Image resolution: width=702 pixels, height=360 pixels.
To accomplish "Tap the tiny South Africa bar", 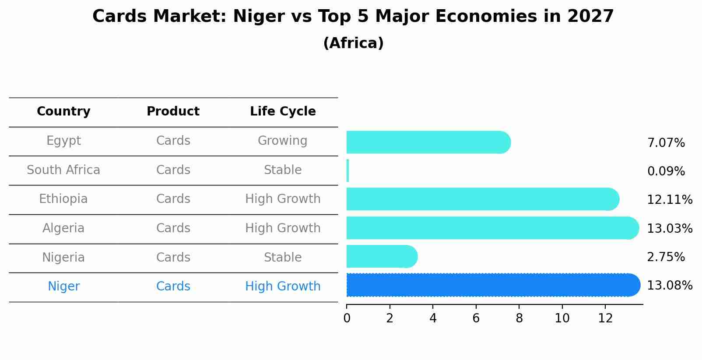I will pyautogui.click(x=348, y=171).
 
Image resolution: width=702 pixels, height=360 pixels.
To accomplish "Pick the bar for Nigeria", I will pyautogui.click(x=381, y=256).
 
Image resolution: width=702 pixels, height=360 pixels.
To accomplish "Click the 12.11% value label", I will pyautogui.click(x=669, y=200).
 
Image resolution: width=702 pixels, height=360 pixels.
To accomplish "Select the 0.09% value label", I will pyautogui.click(x=666, y=171).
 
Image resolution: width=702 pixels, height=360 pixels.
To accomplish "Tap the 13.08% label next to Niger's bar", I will pyautogui.click(x=669, y=286).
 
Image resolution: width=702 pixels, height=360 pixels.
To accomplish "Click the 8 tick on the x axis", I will pyautogui.click(x=519, y=318).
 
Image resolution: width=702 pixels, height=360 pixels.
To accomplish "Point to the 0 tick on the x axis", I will pyautogui.click(x=347, y=318).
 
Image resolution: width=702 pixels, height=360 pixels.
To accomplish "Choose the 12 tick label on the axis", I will pyautogui.click(x=605, y=318).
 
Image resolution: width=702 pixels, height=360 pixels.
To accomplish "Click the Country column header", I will pyautogui.click(x=63, y=112).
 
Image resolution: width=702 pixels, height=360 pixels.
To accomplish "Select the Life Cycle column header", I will pyautogui.click(x=283, y=112).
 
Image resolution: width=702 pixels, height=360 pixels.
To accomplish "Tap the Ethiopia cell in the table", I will pyautogui.click(x=63, y=199).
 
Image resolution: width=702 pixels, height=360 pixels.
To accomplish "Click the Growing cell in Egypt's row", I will pyautogui.click(x=283, y=141).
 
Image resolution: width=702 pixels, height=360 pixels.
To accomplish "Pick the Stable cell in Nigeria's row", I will pyautogui.click(x=283, y=257).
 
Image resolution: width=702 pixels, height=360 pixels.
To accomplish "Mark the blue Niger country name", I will pyautogui.click(x=63, y=287).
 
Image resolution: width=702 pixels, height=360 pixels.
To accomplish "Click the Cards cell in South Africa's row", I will pyautogui.click(x=173, y=170).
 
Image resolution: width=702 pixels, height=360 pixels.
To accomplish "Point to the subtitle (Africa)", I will pyautogui.click(x=353, y=43).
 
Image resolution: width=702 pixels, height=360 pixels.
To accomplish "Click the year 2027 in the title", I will pyautogui.click(x=590, y=17).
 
